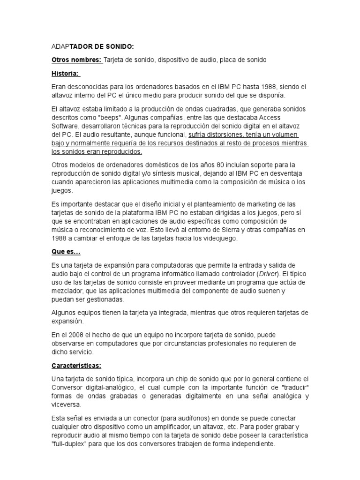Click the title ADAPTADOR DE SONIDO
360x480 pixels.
tap(92, 46)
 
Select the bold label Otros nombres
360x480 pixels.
tap(76, 60)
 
